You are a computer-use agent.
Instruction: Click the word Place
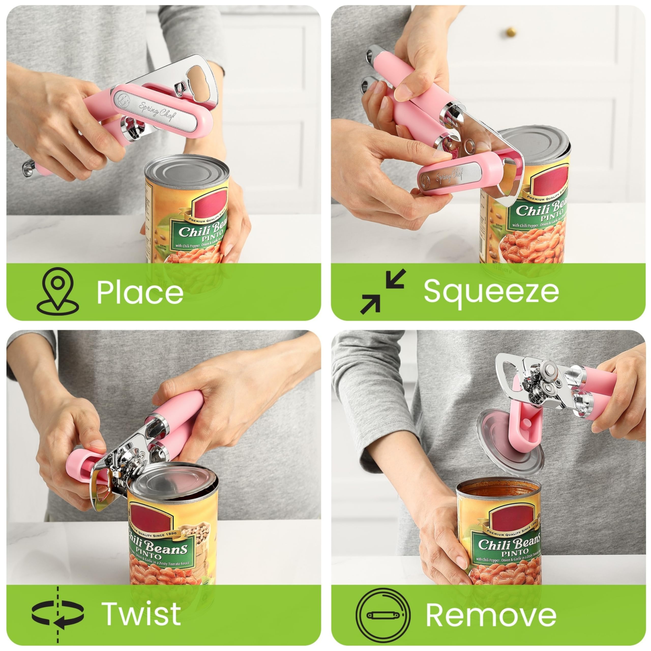coord(140,292)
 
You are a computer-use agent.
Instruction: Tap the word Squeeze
coord(491,291)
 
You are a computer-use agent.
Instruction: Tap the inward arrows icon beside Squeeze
coord(382,292)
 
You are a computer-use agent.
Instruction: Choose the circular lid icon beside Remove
coord(383,615)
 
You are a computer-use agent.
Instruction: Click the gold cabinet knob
coord(511,32)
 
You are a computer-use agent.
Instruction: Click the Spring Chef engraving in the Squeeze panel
coord(450,175)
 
